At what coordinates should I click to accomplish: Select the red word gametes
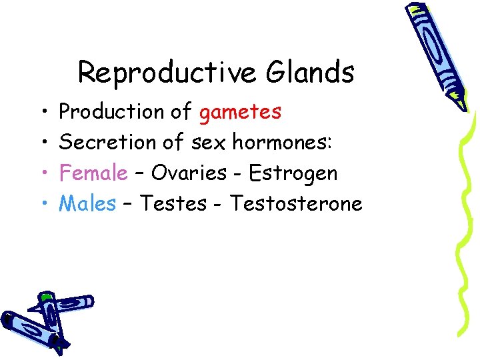pos(240,112)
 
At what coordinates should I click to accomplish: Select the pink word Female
pos(93,173)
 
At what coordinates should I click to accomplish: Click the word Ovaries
pos(189,173)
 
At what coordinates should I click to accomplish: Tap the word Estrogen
pos(293,173)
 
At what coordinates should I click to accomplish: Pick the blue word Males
pos(87,203)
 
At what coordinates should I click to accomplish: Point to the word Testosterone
pos(296,203)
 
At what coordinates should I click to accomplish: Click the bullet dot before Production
pos(42,113)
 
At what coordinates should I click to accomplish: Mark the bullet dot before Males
pos(42,204)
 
